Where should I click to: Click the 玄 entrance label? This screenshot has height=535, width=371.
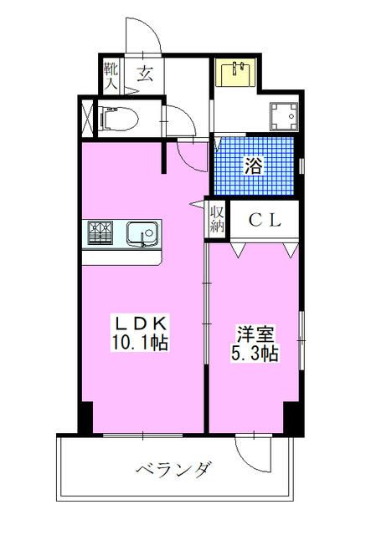coord(144,74)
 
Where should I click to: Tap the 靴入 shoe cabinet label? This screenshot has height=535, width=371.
coord(111,74)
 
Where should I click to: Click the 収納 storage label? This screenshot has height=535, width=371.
coord(217,219)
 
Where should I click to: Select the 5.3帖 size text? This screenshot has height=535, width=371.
coord(254,354)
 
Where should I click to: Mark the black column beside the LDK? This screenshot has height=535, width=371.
coord(85,415)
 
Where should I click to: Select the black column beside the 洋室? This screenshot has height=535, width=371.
coord(291,415)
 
